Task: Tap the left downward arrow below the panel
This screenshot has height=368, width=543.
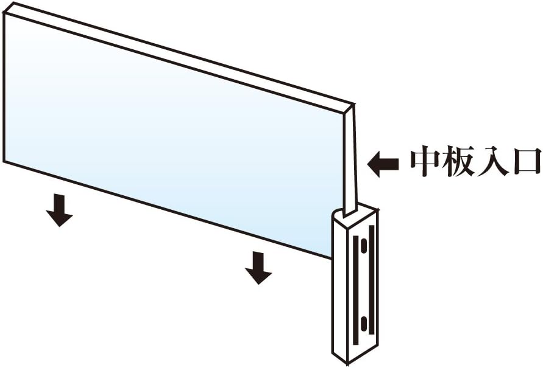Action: (x=59, y=210)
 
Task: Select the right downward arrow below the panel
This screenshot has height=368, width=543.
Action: (x=259, y=268)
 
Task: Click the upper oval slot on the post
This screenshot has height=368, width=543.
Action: (x=364, y=248)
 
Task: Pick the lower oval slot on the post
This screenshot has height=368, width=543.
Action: (x=364, y=326)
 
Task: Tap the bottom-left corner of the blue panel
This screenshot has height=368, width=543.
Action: (x=5, y=161)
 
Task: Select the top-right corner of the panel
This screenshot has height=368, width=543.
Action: (x=352, y=105)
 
